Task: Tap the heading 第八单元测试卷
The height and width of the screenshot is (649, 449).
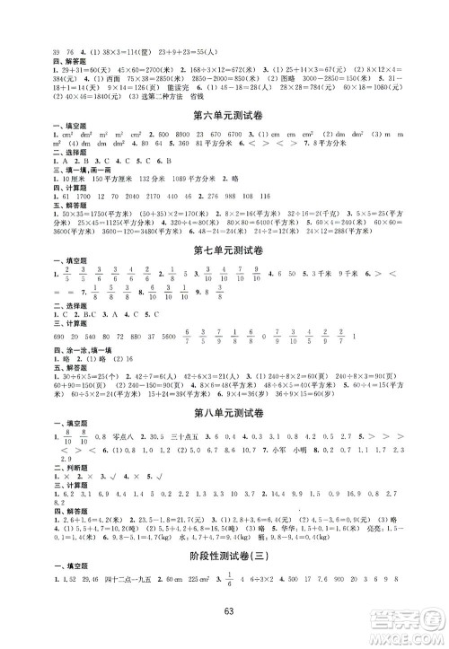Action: [x=224, y=413]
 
